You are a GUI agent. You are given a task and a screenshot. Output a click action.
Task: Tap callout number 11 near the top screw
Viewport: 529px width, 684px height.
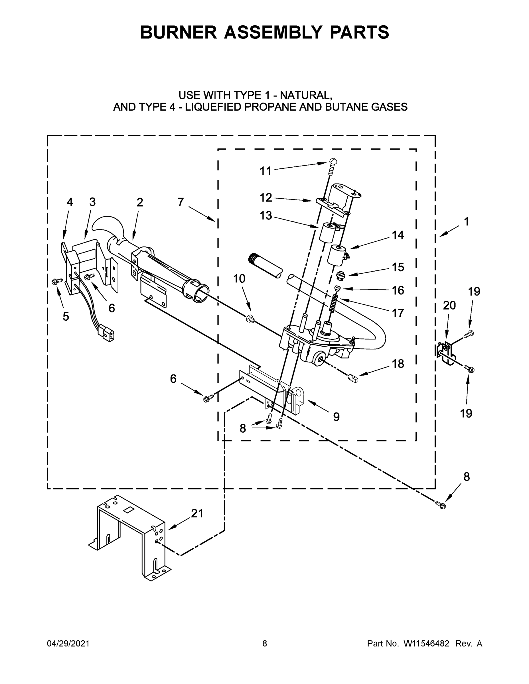[x=265, y=171]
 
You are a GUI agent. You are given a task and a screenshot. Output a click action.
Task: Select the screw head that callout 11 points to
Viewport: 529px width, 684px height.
[x=333, y=162]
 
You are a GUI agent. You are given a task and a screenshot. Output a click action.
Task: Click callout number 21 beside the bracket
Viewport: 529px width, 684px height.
[x=197, y=513]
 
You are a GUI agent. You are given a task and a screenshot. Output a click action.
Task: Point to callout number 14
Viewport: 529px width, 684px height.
[x=398, y=235]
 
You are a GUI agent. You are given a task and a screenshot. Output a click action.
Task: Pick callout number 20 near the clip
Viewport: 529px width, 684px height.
[x=449, y=305]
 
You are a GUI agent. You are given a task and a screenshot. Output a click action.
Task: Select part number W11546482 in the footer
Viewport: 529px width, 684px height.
[x=426, y=644]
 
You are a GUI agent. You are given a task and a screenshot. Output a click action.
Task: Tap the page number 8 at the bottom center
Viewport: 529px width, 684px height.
[x=265, y=644]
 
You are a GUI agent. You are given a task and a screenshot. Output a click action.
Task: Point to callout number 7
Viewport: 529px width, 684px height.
[x=181, y=202]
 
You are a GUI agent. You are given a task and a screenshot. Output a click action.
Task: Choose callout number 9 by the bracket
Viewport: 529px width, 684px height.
[x=336, y=417]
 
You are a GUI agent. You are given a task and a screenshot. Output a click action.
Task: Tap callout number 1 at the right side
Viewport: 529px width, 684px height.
[x=466, y=222]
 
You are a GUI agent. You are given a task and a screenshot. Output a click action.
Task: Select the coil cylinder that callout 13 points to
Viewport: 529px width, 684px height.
[x=326, y=233]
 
